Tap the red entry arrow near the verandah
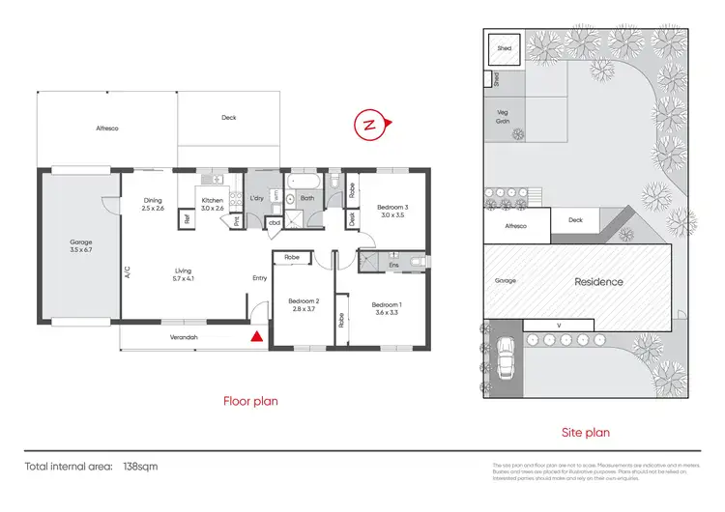pos(256,337)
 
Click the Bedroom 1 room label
pos(388,309)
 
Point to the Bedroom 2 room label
pos(303,305)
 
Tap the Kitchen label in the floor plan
pos(212,203)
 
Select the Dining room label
pos(153,204)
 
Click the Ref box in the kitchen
pos(186,218)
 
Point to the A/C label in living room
pos(126,271)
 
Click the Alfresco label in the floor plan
pos(106,128)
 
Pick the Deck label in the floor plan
pos(228,118)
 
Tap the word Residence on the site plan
pos(599,282)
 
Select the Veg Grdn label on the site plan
pos(503,114)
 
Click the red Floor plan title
pos(251,401)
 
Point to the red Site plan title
pos(586,433)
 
